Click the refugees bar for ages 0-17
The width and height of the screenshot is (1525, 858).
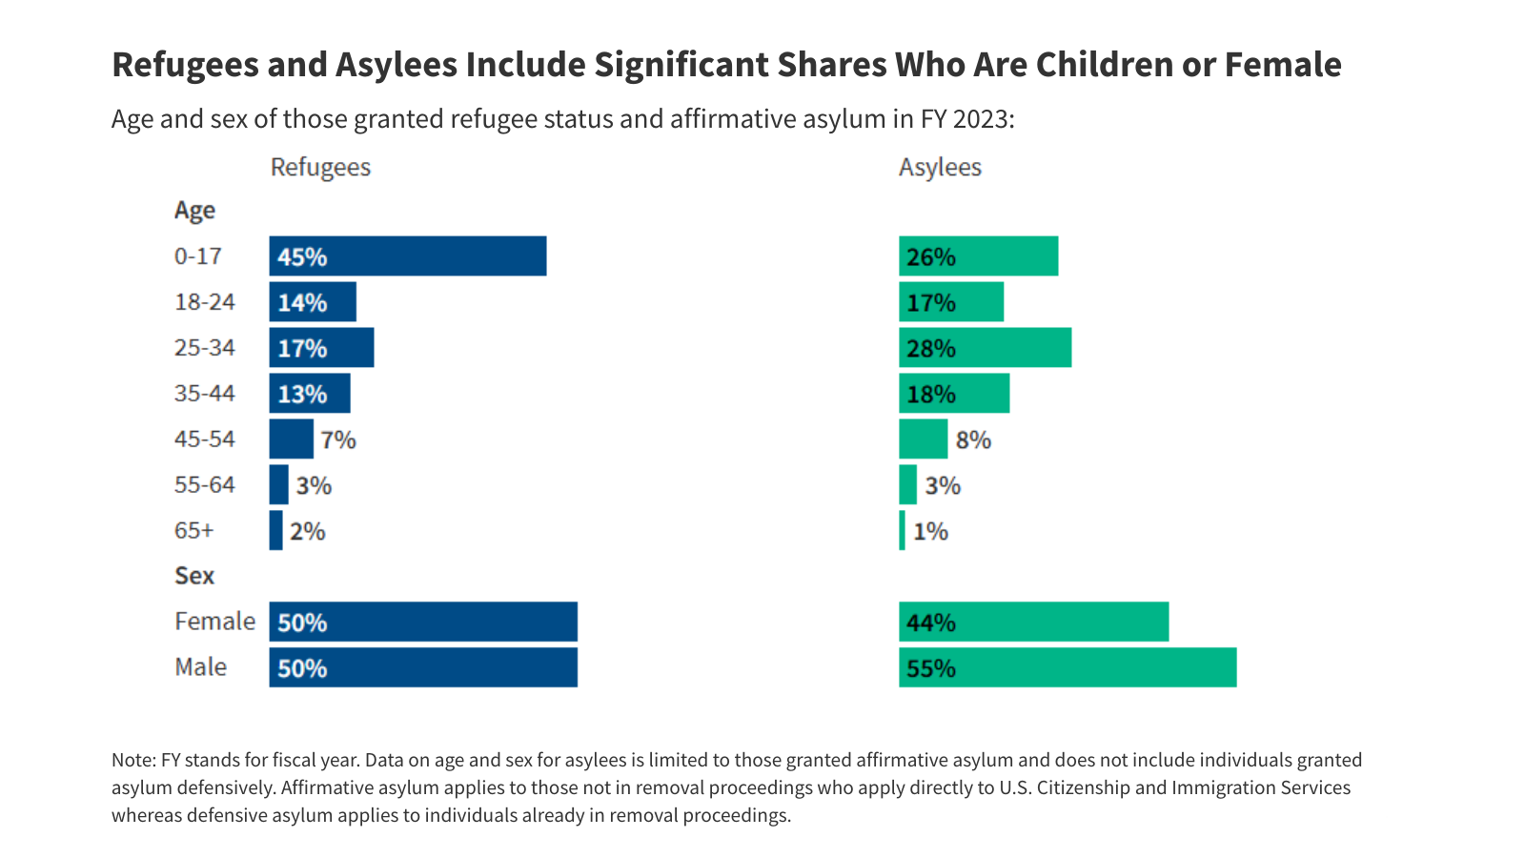408,256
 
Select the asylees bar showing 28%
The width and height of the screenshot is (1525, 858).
985,348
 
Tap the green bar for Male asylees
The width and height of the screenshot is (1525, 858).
1067,667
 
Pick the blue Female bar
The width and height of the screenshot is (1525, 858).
423,622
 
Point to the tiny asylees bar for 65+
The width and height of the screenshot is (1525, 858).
902,531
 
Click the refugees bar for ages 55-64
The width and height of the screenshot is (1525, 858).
278,485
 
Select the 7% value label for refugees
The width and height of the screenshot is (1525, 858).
337,439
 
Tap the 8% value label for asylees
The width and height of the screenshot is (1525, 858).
973,439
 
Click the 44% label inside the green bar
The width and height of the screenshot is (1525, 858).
930,623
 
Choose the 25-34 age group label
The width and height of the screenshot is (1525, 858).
204,348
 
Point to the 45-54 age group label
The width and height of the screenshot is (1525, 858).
204,439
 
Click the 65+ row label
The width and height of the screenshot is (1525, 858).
193,531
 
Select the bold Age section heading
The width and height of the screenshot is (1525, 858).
194,211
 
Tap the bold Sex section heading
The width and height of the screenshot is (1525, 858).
194,576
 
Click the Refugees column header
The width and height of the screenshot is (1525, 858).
320,168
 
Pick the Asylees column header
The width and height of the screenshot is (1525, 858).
940,168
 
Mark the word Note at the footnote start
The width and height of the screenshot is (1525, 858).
132,761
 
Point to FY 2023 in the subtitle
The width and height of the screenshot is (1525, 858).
964,119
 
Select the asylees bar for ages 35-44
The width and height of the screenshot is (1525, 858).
954,394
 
